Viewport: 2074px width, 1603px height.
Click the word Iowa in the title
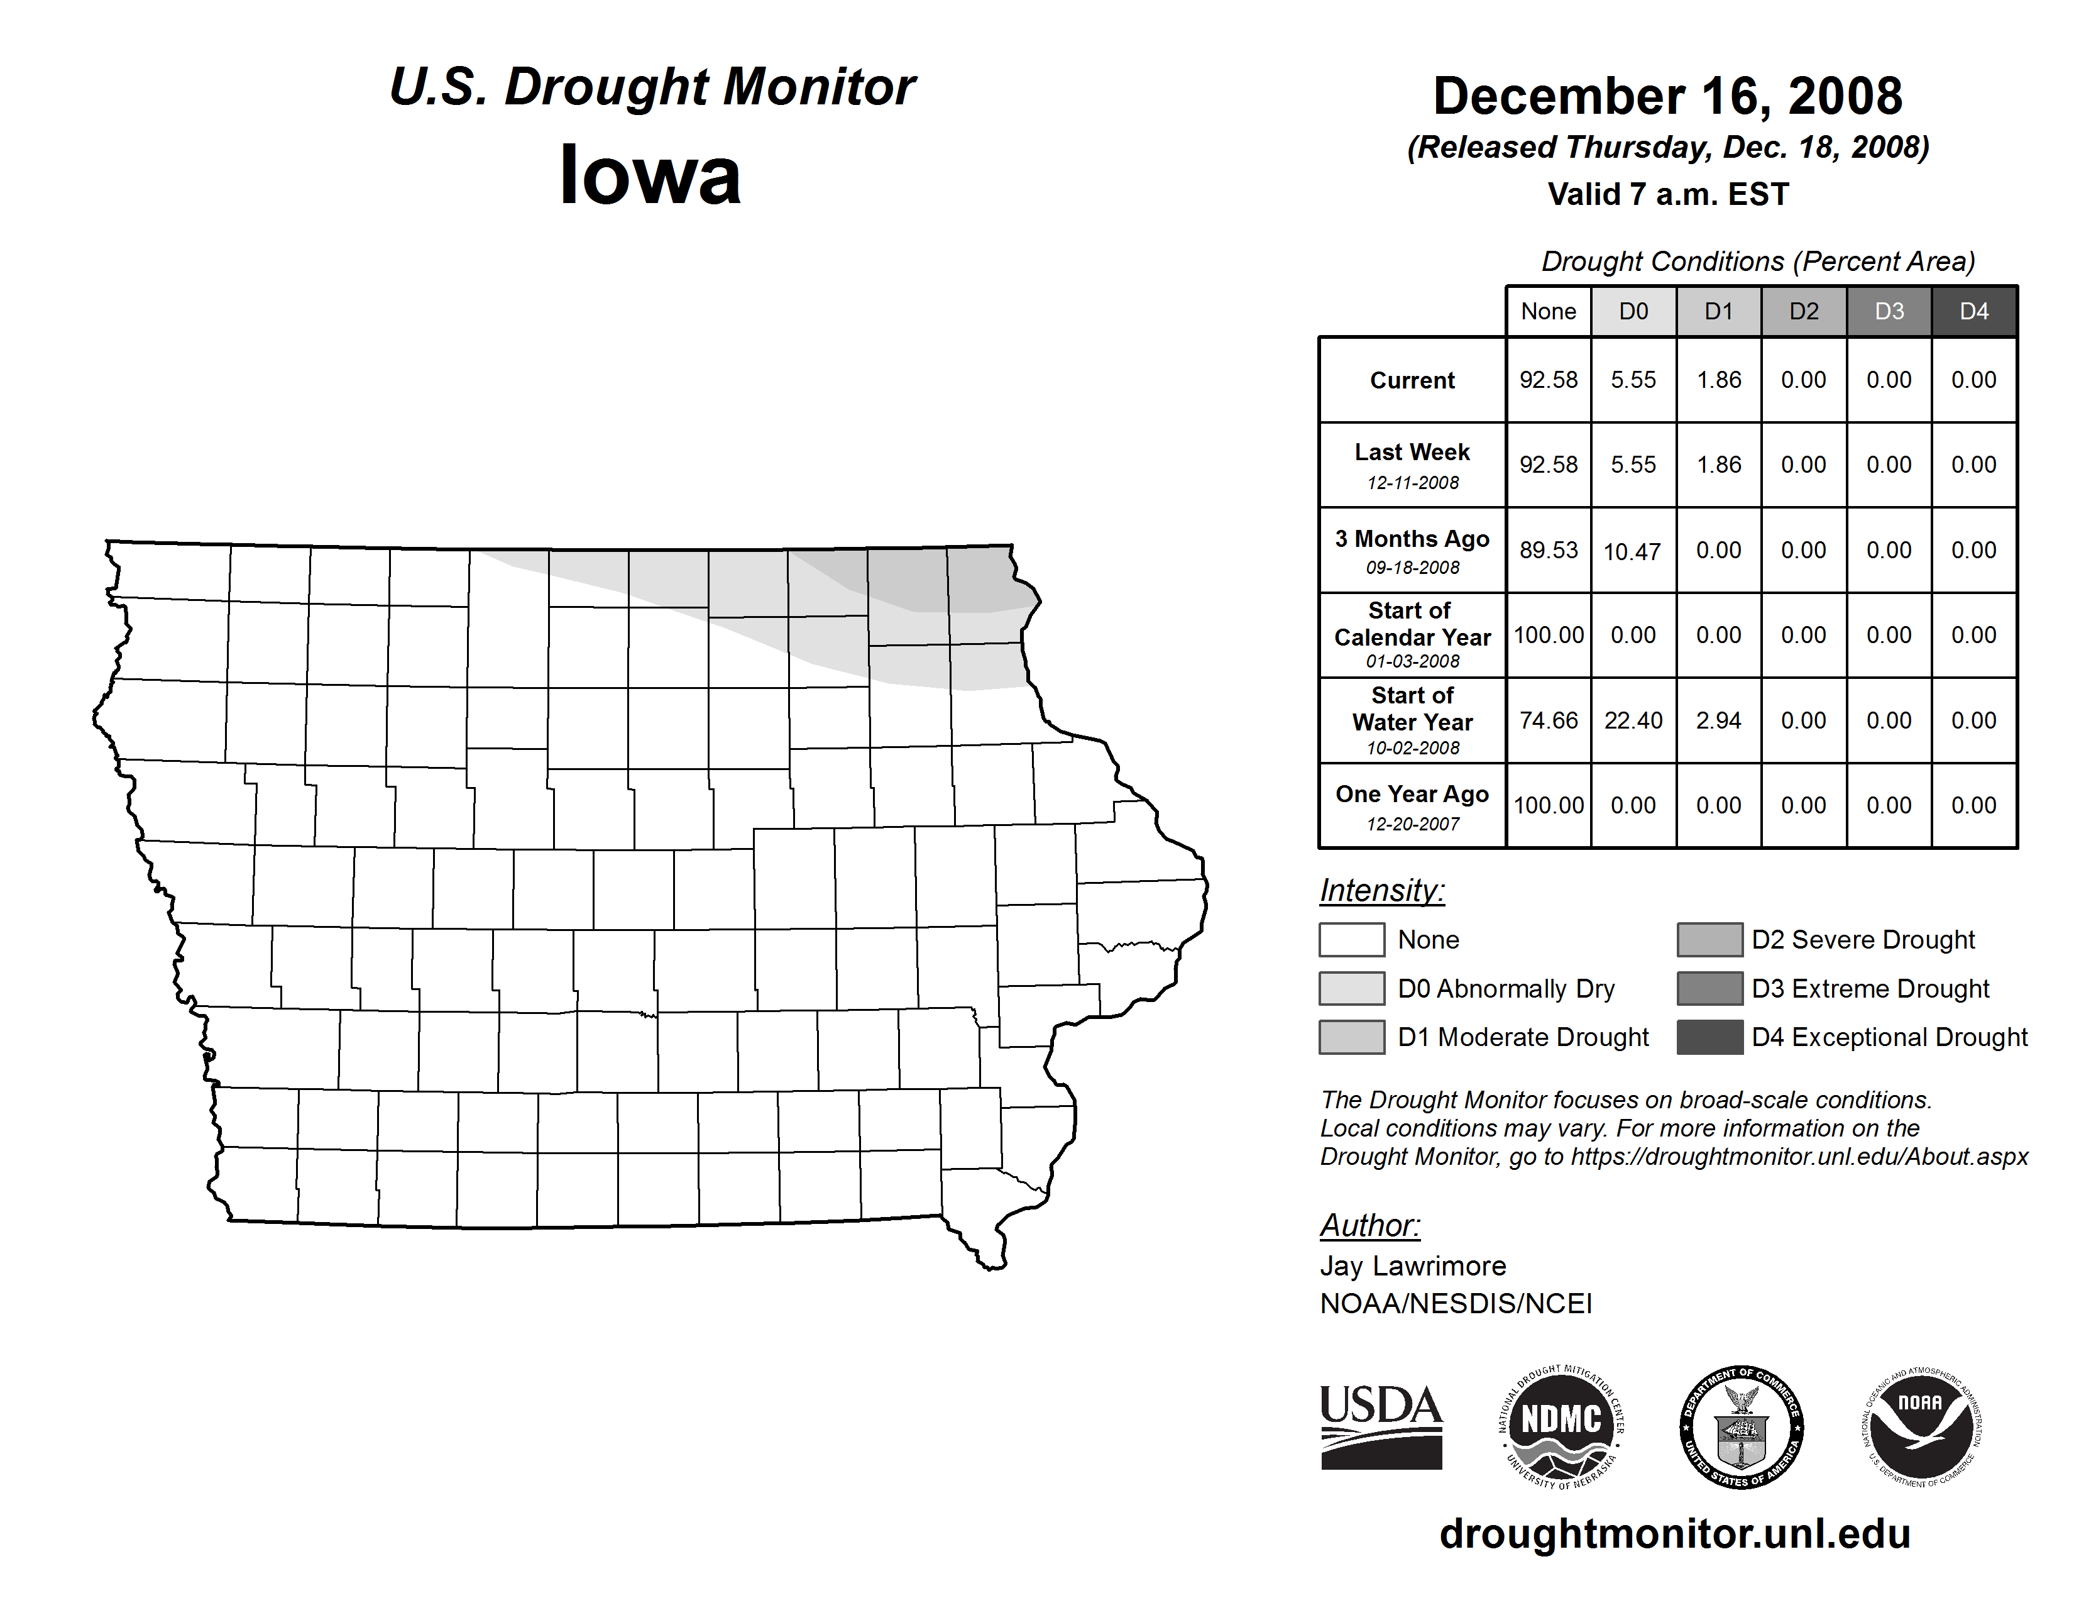pyautogui.click(x=650, y=175)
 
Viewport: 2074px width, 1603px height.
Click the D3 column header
pyautogui.click(x=1889, y=311)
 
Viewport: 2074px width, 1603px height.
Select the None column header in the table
pyautogui.click(x=1548, y=311)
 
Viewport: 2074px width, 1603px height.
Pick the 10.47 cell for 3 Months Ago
pyautogui.click(x=1632, y=551)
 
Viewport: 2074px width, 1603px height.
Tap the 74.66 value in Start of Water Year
pyautogui.click(x=1548, y=721)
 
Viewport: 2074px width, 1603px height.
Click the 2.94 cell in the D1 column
pyautogui.click(x=1718, y=721)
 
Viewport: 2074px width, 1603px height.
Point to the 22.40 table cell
pyautogui.click(x=1632, y=721)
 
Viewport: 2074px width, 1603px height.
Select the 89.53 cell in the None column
pyautogui.click(x=1548, y=551)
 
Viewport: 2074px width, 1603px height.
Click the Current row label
pyautogui.click(x=1412, y=381)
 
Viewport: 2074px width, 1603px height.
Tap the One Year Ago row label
pyautogui.click(x=1412, y=795)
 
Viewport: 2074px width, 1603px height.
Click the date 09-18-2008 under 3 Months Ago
pyautogui.click(x=1412, y=568)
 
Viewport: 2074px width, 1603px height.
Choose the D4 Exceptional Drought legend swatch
pyautogui.click(x=1709, y=1037)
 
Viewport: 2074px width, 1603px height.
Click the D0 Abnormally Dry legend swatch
pyautogui.click(x=1351, y=989)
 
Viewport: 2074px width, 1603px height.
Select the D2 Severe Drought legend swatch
pyautogui.click(x=1709, y=939)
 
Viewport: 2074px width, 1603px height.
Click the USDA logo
pyautogui.click(x=1381, y=1426)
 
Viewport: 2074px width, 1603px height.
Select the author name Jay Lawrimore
pyautogui.click(x=1412, y=1266)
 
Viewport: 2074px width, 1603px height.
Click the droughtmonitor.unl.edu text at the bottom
pyautogui.click(x=1675, y=1534)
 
